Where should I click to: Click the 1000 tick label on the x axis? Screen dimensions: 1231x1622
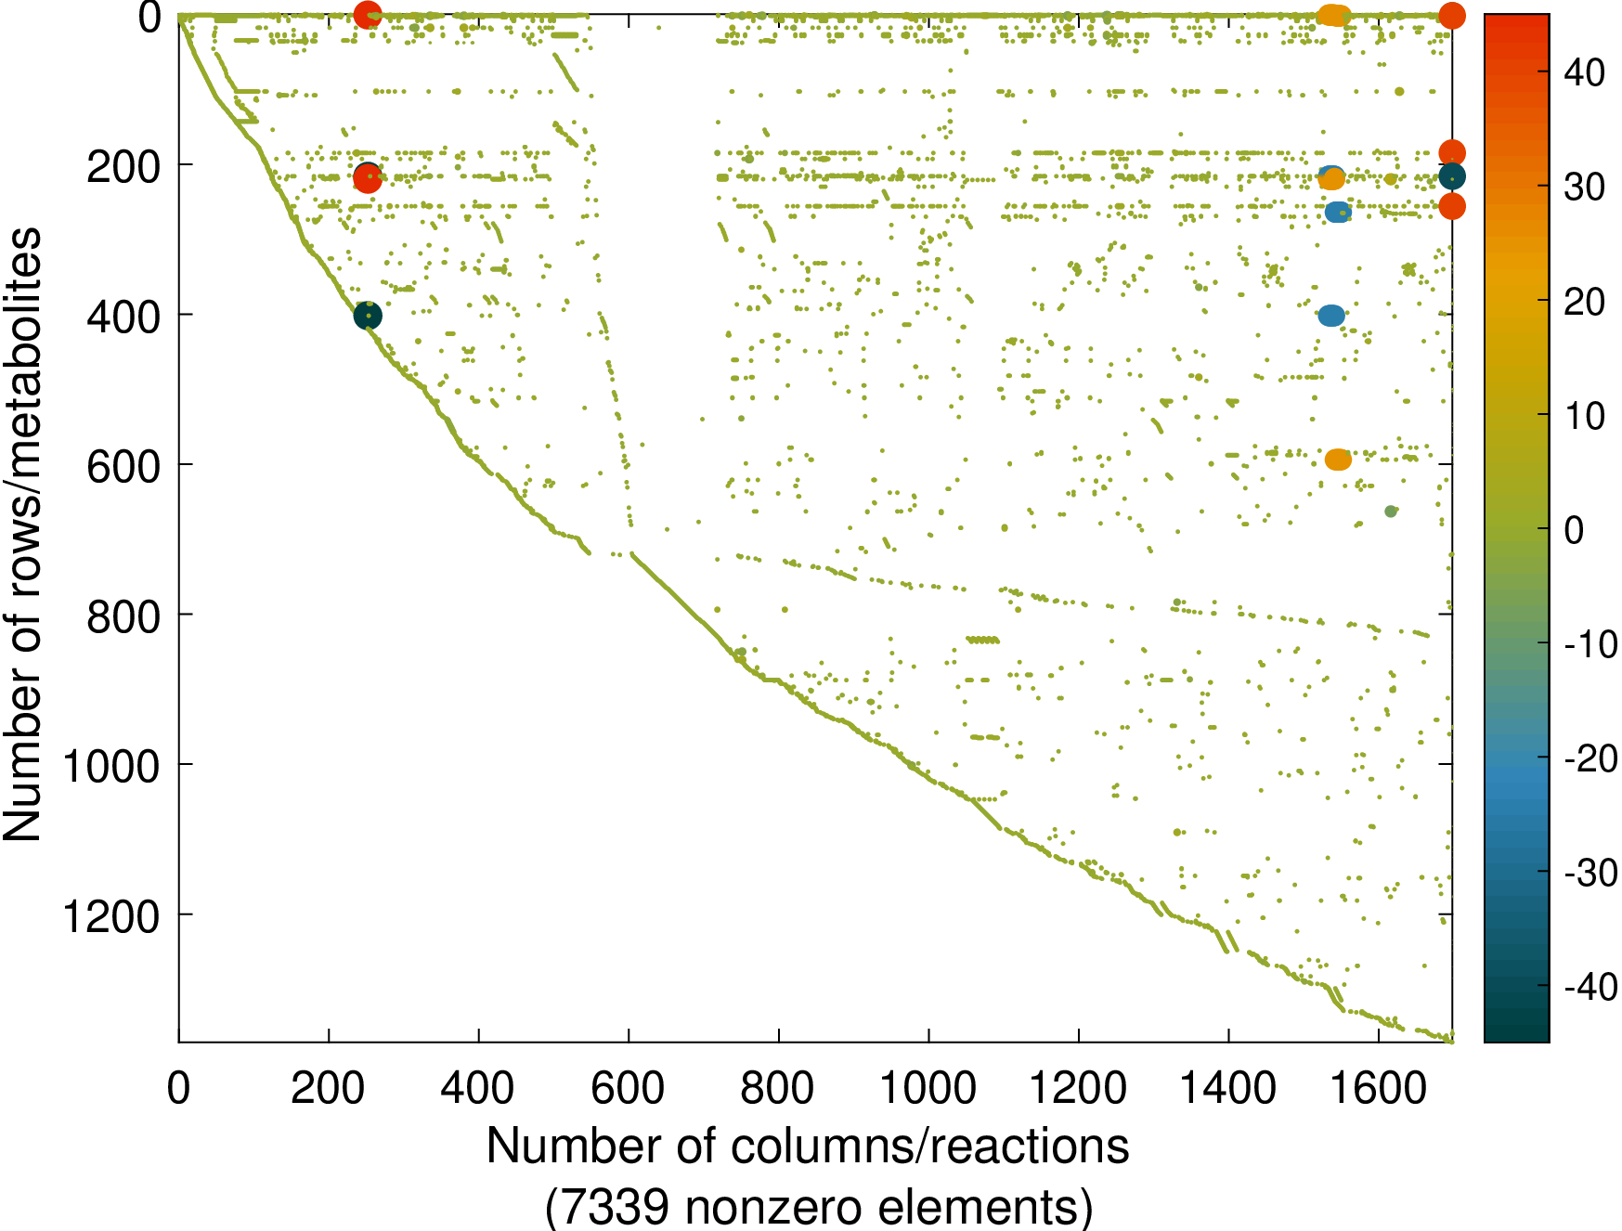point(928,1087)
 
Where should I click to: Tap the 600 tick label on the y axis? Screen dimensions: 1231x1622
point(123,466)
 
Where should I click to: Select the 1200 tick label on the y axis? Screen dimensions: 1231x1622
point(110,917)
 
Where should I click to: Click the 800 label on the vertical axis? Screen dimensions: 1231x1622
point(123,616)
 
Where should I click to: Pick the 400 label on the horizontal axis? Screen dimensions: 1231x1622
point(478,1087)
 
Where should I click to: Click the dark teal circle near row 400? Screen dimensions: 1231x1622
point(368,317)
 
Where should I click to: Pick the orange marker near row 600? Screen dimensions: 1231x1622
point(1337,460)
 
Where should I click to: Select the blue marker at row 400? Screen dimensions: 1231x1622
point(1330,316)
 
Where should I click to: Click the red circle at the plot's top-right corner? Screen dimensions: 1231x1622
point(1452,15)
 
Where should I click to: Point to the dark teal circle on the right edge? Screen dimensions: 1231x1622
point(1452,176)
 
